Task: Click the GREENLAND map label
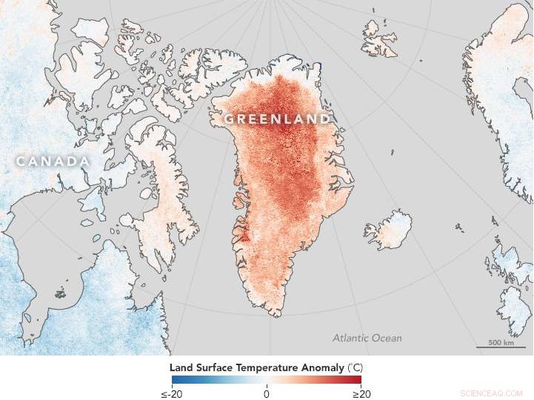coord(278,119)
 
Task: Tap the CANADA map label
coord(53,161)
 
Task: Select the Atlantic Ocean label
coord(367,338)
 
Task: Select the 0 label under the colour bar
coord(267,393)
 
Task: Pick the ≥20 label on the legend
coord(361,393)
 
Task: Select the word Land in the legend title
coord(181,367)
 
